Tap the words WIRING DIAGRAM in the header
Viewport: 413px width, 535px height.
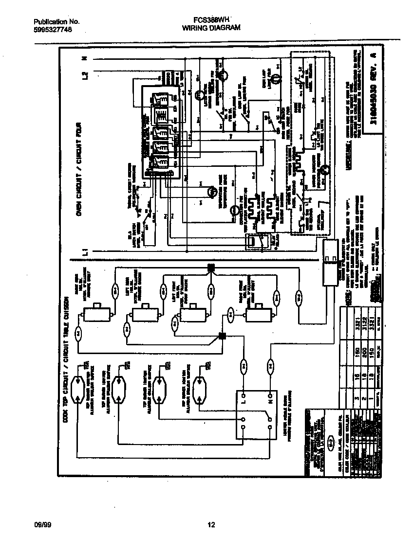[x=211, y=29]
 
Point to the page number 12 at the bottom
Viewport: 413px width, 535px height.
[x=211, y=525]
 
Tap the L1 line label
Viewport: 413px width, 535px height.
[x=85, y=252]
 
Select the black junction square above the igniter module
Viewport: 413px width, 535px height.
[x=222, y=336]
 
